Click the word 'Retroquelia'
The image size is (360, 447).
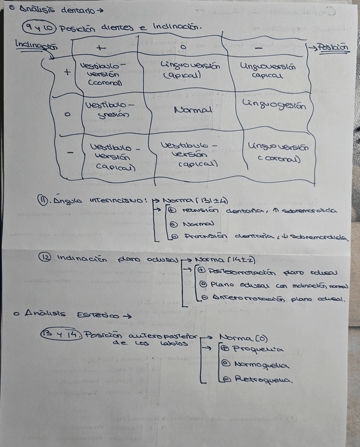(x=262, y=380)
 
